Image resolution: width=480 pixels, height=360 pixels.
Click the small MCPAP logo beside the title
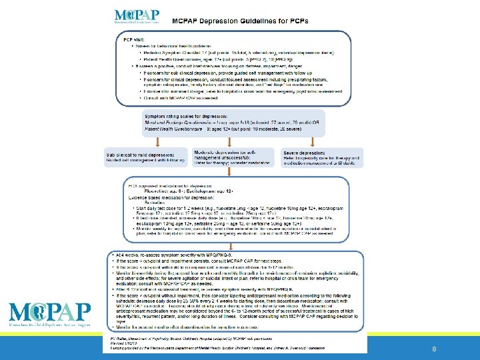[x=137, y=17]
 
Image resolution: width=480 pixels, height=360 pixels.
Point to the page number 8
[x=434, y=349]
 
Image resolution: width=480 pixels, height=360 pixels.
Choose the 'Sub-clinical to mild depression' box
[x=145, y=158]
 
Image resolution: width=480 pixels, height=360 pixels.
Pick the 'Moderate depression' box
[x=231, y=158]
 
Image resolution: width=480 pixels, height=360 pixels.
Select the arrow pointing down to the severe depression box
[x=312, y=142]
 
